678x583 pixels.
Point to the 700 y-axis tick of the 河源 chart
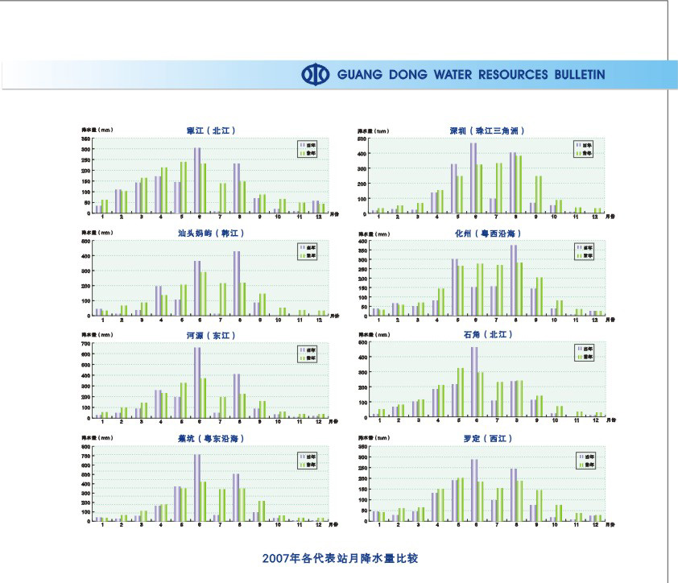[85, 344]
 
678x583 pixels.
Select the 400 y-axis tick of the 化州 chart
[362, 241]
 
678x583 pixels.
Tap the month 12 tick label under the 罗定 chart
[597, 524]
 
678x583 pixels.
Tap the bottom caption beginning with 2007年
[340, 557]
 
